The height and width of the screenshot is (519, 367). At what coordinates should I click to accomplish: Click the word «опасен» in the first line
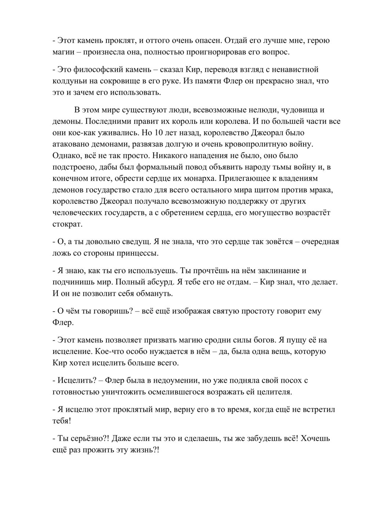click(x=205, y=40)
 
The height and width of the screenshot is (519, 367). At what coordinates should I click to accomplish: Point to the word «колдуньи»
click(x=69, y=81)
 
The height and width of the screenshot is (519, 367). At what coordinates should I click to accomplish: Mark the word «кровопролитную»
click(x=252, y=144)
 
